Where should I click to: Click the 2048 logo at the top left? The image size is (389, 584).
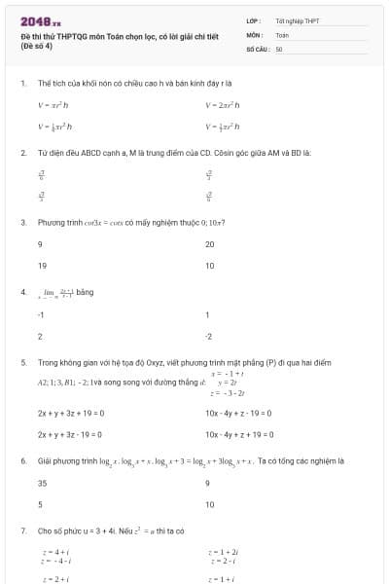coord(39,20)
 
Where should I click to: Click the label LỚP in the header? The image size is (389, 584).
coord(253,20)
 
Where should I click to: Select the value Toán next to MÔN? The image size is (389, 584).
coord(282,34)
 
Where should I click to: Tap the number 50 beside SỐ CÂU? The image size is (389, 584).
coord(279,48)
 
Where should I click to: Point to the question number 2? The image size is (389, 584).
coord(23,153)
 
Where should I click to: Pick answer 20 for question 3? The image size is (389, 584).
coord(210,243)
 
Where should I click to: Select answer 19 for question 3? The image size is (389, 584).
coord(43,265)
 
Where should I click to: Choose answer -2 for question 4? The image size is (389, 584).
coord(209,336)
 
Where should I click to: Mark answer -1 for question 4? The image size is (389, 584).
coord(41,314)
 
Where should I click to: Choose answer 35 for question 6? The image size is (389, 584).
coord(43,483)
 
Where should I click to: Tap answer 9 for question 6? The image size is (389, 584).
coord(208,483)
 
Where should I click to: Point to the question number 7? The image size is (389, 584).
coord(23,530)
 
